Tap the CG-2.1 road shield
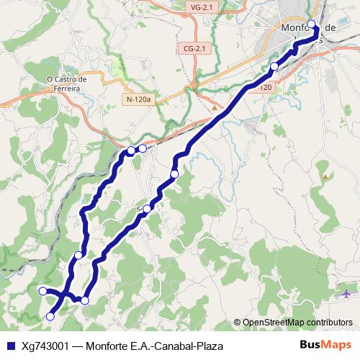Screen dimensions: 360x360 pyautogui.click(x=194, y=49)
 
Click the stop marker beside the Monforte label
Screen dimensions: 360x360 pyautogui.click(x=311, y=25)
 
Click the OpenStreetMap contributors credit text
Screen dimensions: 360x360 pyautogui.click(x=297, y=323)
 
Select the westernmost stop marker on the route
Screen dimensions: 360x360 pyautogui.click(x=42, y=291)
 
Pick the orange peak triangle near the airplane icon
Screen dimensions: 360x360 pyautogui.click(x=326, y=176)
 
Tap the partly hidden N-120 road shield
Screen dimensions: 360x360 pyautogui.click(x=265, y=87)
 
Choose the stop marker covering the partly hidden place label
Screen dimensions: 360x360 pyautogui.click(x=147, y=209)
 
